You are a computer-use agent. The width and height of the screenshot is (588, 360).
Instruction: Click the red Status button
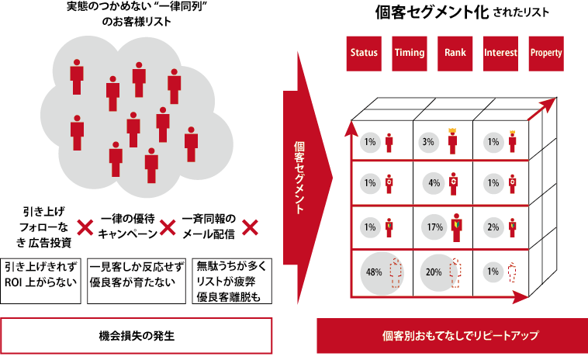point(364,53)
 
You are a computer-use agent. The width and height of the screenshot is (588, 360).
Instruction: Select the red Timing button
point(409,53)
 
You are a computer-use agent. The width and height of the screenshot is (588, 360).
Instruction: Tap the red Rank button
point(455,53)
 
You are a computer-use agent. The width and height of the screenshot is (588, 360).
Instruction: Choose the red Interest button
point(500,53)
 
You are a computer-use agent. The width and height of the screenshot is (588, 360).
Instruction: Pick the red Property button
point(546,53)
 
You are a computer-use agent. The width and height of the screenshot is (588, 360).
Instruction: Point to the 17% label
point(434,227)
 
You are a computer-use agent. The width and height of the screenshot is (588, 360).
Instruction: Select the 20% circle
point(434,272)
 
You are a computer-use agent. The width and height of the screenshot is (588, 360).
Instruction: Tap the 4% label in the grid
point(434,184)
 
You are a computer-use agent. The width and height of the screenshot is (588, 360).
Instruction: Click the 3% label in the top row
point(428,142)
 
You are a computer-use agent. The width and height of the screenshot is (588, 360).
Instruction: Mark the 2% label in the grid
point(493,227)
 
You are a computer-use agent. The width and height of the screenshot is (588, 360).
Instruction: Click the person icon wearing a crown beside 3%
point(452,141)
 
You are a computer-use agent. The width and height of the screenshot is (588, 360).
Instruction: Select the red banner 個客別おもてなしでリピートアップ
point(450,336)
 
